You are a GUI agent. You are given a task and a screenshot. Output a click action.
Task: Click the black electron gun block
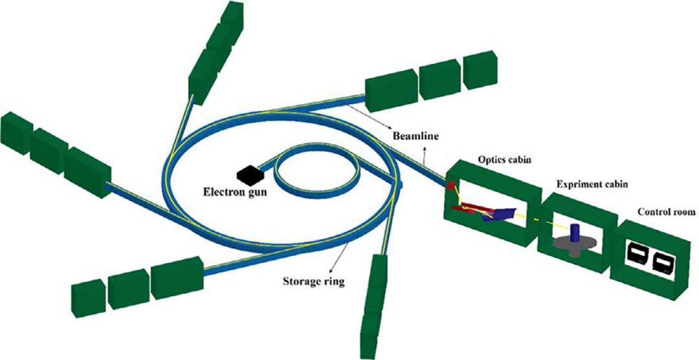pyautogui.click(x=248, y=173)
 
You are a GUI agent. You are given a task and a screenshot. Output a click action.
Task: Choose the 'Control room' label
pyautogui.click(x=666, y=212)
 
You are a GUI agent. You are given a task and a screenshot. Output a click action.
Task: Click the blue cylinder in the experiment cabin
pyautogui.click(x=574, y=231)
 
